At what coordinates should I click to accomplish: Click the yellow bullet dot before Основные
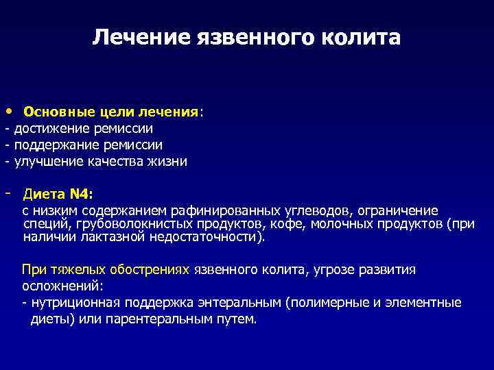click(x=7, y=110)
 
